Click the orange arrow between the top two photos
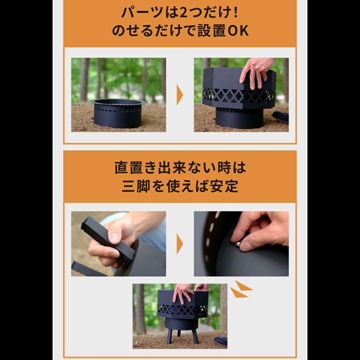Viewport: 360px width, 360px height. point(180,95)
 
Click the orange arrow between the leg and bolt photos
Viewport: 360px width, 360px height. point(180,244)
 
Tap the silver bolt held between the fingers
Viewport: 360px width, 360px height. point(238,244)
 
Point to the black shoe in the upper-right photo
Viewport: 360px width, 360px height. point(281,117)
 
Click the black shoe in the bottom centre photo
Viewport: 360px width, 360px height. point(221,341)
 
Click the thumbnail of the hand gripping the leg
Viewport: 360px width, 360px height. point(118,244)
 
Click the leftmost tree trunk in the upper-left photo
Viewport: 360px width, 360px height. point(84,80)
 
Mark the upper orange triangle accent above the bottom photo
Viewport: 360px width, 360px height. point(243,286)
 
